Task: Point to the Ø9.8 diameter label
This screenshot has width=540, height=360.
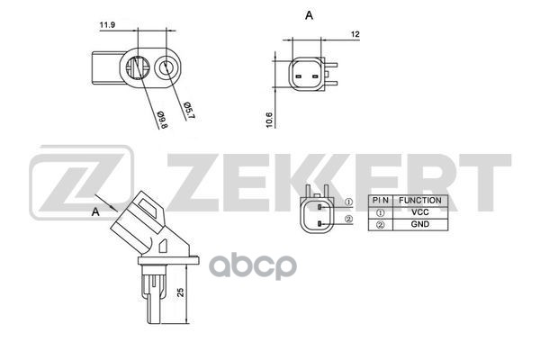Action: click(162, 118)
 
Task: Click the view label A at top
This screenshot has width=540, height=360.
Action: click(309, 15)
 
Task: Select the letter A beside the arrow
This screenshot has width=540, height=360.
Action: click(94, 211)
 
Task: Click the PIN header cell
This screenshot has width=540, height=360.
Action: click(382, 200)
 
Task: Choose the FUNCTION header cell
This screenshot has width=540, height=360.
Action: click(420, 200)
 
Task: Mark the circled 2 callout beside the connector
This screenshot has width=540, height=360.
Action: click(348, 219)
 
